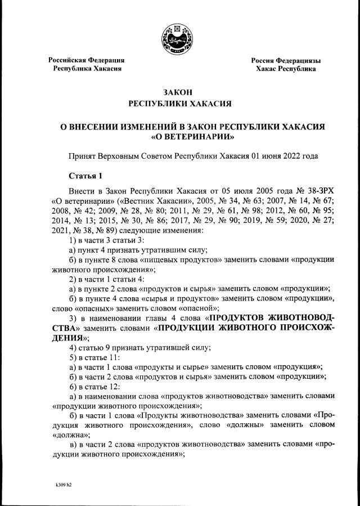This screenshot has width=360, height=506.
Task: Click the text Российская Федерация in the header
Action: (x=86, y=60)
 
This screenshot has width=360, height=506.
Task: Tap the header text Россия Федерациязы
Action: (x=286, y=60)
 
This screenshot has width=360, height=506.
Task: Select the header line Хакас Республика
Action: (x=286, y=69)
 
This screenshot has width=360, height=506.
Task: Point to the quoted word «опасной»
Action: (x=194, y=308)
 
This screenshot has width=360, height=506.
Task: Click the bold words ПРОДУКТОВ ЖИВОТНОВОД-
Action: (x=273, y=318)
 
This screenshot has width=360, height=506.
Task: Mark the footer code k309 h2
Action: (x=64, y=484)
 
